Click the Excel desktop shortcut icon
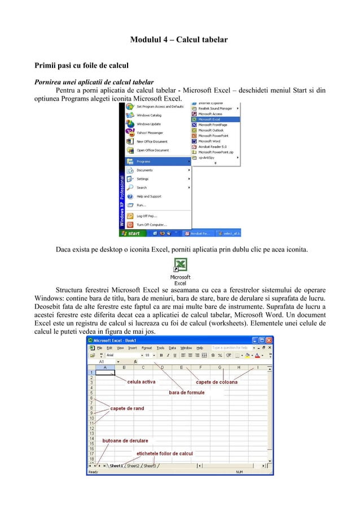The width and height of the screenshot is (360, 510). (x=180, y=265)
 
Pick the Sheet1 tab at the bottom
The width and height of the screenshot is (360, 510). (x=116, y=466)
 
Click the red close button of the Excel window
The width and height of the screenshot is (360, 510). (x=269, y=341)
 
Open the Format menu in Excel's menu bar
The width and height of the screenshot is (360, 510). (x=147, y=348)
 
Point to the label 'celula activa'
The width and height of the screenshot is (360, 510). (x=141, y=382)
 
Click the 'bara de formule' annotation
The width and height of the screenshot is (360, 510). (x=187, y=393)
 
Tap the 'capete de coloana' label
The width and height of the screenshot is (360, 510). (x=217, y=382)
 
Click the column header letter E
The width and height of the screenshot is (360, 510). (x=181, y=367)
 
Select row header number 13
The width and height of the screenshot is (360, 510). (x=90, y=433)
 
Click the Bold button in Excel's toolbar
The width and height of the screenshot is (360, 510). (x=161, y=355)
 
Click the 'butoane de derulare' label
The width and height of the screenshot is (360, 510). (x=125, y=441)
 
